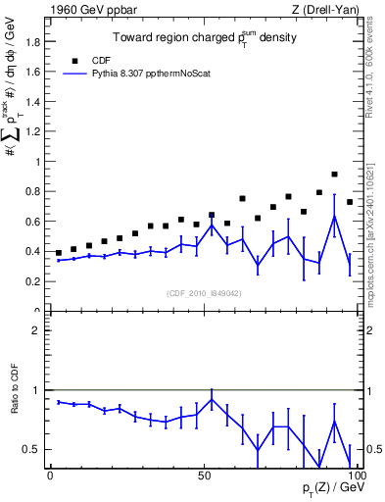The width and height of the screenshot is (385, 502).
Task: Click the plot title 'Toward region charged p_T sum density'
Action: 203,38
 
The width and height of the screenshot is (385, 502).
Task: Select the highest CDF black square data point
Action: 334,175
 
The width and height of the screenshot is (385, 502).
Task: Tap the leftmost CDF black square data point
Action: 59,253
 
